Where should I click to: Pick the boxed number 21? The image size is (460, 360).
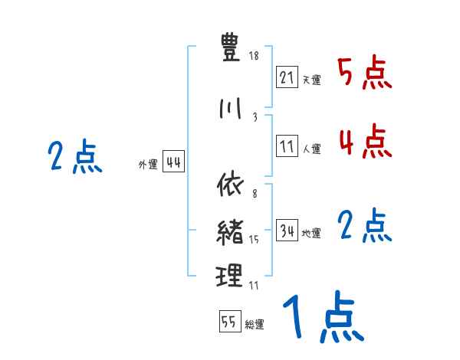287,78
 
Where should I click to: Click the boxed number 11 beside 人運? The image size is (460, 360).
287,147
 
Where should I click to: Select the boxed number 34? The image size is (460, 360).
287,231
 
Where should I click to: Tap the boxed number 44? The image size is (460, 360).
173,162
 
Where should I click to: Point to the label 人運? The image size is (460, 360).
311,149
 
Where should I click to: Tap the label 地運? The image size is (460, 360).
311,234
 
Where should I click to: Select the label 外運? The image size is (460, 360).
148,165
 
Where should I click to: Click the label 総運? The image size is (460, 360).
254,324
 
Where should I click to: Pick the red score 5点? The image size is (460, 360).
364,74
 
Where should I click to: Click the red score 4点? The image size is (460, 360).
364,142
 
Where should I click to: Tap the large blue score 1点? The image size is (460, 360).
322,318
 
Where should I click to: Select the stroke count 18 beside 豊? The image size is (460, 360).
254,57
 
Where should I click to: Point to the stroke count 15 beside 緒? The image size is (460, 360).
254,240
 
